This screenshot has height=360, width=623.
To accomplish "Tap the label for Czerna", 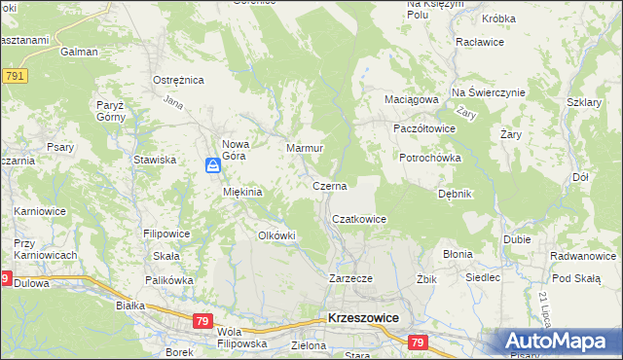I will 330,185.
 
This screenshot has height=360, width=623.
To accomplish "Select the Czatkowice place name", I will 360,220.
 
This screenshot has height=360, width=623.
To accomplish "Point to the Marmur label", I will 305,149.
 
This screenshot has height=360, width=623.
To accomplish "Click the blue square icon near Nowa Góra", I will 213,167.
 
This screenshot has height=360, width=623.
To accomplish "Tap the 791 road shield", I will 14,76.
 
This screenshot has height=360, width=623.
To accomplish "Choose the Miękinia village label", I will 242,192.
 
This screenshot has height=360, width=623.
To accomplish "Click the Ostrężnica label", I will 176,80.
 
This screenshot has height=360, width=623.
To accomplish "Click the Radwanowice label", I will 582,257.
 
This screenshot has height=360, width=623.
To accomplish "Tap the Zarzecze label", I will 350,278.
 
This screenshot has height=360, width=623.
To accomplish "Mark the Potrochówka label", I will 429,158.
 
